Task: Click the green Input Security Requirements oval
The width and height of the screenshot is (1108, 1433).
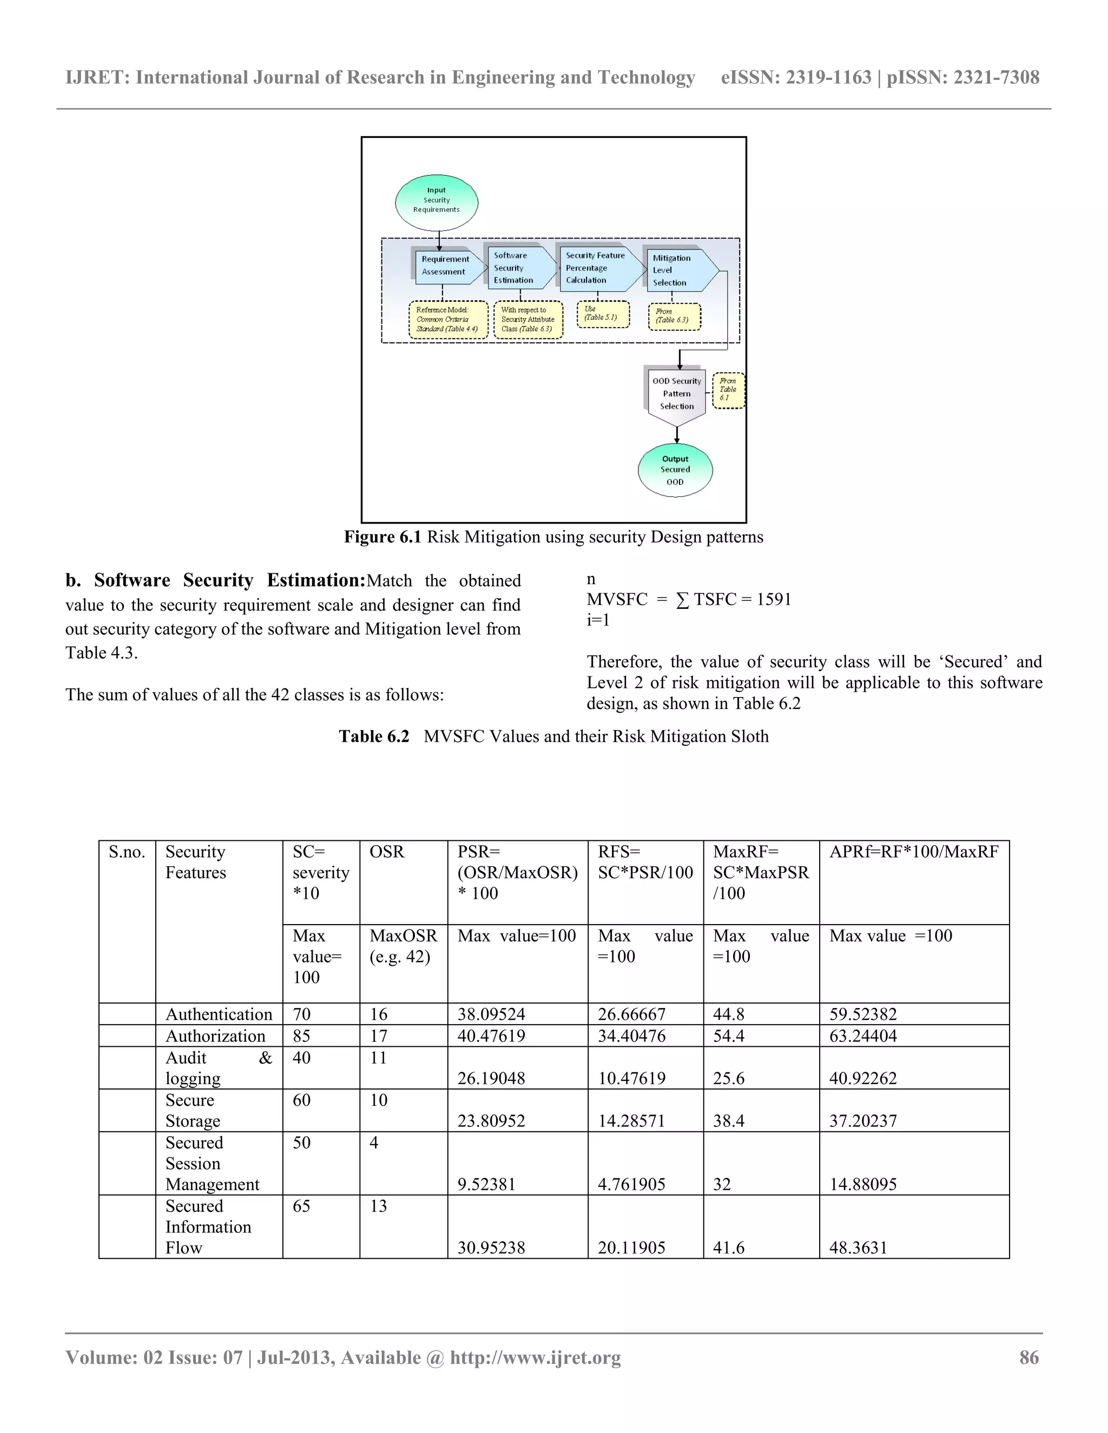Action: pos(437,202)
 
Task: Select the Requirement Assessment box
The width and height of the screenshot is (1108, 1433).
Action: pos(446,266)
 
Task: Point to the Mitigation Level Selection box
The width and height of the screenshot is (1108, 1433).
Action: pos(676,270)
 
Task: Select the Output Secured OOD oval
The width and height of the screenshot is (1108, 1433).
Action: pos(675,470)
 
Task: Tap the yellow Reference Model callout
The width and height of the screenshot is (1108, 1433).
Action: pos(447,320)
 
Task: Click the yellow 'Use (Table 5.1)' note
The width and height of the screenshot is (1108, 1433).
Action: pos(603,314)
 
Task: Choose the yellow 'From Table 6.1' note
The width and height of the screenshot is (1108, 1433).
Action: pos(728,390)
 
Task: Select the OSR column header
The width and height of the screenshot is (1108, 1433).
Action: pos(387,852)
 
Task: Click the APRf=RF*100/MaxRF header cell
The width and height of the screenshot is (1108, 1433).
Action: pos(913,852)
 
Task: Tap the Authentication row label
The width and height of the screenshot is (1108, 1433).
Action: pos(219,1014)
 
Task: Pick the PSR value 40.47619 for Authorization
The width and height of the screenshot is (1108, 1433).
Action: pos(491,1036)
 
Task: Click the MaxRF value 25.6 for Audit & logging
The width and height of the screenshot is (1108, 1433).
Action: pos(729,1078)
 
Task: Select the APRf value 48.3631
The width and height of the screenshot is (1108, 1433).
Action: pos(858,1248)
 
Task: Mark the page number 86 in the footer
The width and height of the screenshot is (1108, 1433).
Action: pos(1028,1357)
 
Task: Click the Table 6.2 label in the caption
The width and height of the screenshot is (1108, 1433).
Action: pos(373,736)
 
